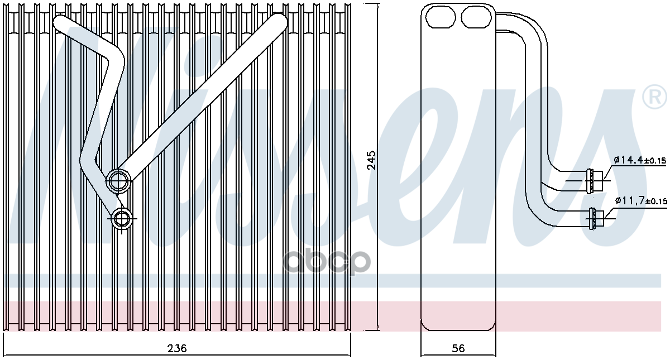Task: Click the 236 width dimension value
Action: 177,348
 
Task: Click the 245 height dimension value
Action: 371,160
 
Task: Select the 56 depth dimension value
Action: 458,348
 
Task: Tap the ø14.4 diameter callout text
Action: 628,160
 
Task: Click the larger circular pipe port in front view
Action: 119,181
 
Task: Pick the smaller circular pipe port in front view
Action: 122,219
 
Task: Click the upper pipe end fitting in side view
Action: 594,181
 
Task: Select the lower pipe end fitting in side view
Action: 596,219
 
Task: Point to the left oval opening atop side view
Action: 441,17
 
